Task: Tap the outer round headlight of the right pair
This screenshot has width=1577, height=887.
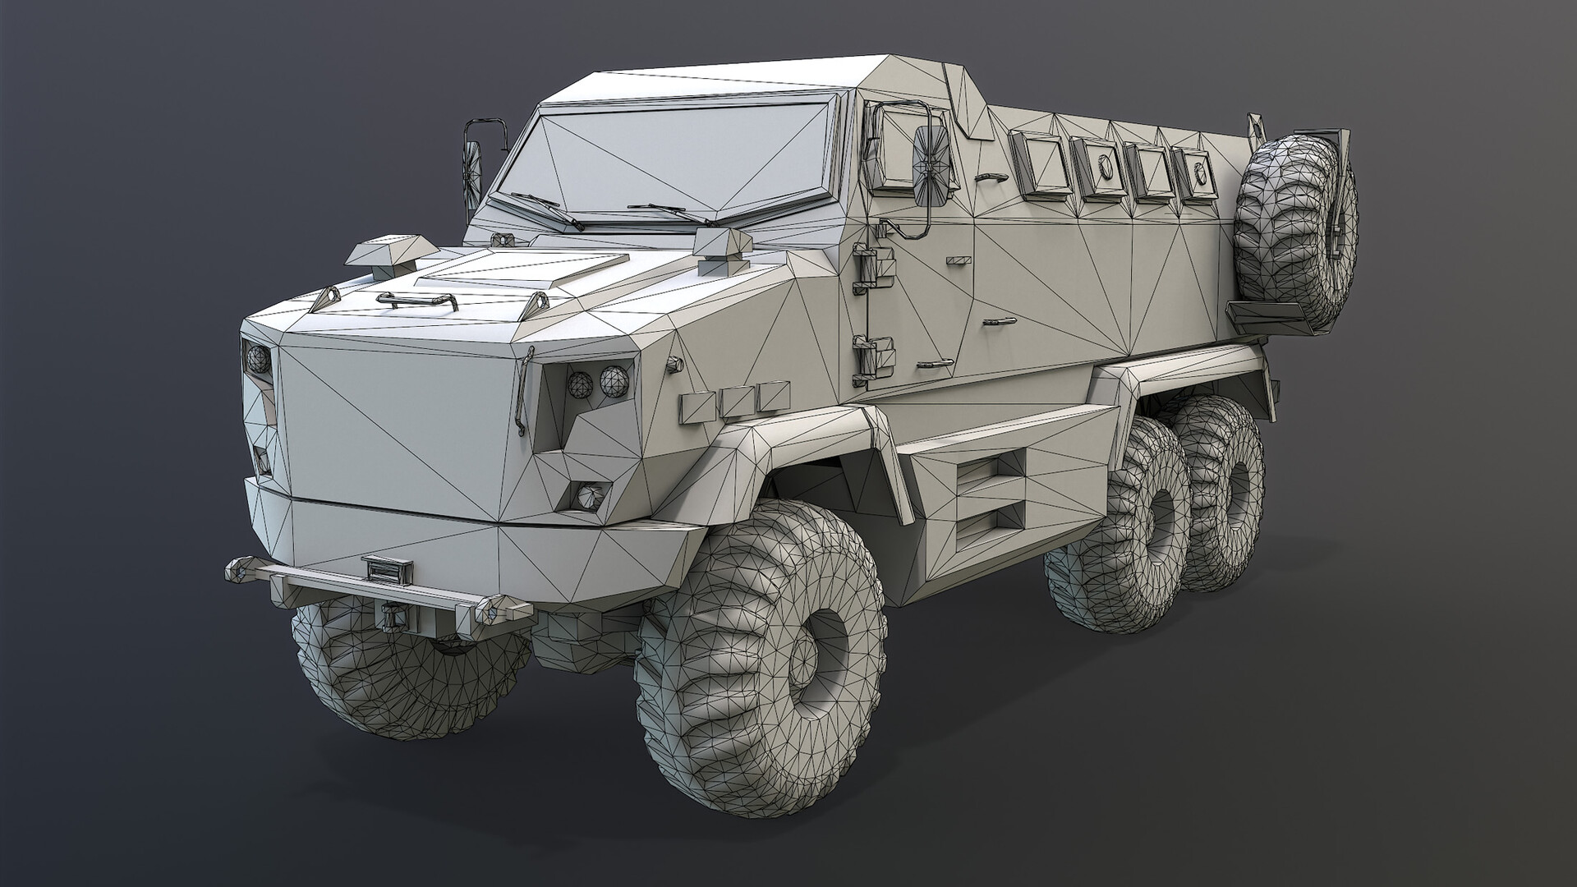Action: click(x=614, y=379)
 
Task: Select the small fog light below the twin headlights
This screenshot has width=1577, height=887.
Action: click(x=588, y=494)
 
